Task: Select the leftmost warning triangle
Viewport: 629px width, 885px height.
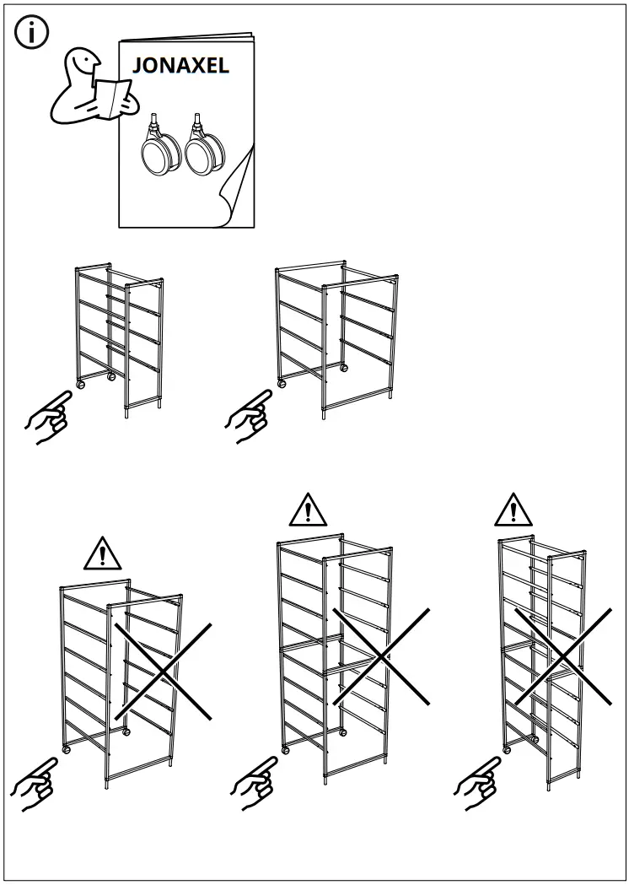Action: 103,553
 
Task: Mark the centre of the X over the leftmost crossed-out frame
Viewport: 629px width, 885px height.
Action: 163,671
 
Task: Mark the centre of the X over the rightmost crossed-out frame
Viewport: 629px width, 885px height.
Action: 562,656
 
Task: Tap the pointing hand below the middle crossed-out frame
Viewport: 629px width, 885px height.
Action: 255,783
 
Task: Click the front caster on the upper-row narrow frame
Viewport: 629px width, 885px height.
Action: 81,384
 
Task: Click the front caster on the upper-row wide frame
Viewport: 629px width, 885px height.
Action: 282,383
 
